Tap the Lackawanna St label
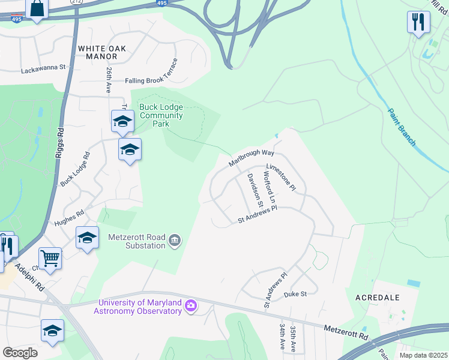43,69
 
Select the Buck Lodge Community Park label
161,116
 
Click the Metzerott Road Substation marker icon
175,241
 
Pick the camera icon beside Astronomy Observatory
191,306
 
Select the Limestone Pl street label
281,178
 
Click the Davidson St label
255,187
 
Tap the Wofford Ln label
268,189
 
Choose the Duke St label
295,294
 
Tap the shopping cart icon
50,259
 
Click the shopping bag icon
37,9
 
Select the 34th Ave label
282,338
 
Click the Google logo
20,352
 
